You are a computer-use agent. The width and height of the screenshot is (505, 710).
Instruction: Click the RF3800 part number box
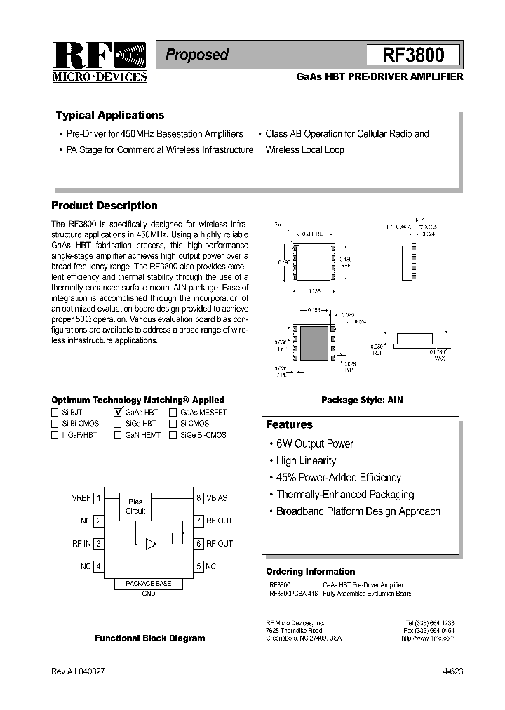(x=413, y=55)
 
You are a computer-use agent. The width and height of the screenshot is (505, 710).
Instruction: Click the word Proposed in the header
(x=197, y=55)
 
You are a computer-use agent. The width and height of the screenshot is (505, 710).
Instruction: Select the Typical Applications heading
(x=109, y=116)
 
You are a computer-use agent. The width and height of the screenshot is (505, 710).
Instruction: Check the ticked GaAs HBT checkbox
(x=119, y=413)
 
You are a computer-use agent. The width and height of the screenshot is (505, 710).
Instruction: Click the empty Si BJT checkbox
(x=55, y=413)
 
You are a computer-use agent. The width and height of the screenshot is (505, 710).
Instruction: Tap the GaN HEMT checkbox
(x=118, y=435)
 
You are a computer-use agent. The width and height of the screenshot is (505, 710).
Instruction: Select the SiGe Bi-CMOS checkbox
(x=173, y=435)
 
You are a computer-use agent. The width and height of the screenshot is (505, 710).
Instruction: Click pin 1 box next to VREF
(x=99, y=498)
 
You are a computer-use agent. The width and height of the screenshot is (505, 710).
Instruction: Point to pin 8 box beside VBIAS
(x=199, y=498)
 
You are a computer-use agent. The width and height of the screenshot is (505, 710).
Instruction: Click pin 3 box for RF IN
(x=99, y=544)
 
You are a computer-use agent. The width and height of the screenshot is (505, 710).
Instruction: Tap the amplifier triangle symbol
(x=150, y=544)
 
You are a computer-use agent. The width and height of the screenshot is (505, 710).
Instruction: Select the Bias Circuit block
(x=135, y=506)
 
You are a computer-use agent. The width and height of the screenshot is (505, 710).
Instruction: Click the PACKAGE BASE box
(x=148, y=584)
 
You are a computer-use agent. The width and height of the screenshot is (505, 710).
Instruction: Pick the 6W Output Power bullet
(x=314, y=444)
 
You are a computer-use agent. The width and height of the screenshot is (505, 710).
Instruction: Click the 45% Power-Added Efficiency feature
(x=338, y=478)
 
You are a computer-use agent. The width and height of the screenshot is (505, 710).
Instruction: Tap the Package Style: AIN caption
(x=362, y=400)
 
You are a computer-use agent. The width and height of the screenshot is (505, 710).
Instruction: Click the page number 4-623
(x=452, y=671)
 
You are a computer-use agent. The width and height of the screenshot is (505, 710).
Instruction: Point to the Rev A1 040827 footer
(x=79, y=671)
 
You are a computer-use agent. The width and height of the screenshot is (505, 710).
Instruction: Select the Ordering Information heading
(x=310, y=572)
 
